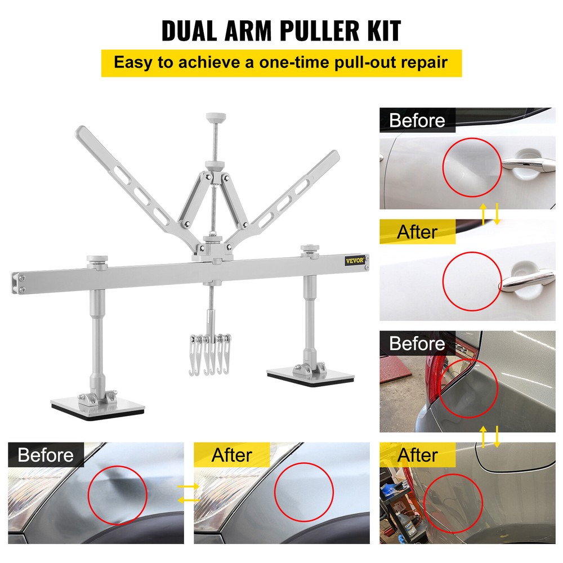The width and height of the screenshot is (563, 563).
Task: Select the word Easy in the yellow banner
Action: (134, 62)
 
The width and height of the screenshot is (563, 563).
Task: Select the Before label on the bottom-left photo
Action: (46, 454)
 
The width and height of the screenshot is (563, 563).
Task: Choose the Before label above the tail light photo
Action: (417, 343)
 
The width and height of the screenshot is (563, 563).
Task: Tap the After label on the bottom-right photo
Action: (417, 454)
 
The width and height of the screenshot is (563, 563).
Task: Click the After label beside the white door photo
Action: (417, 231)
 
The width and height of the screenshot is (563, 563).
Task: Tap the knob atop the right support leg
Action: (309, 248)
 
